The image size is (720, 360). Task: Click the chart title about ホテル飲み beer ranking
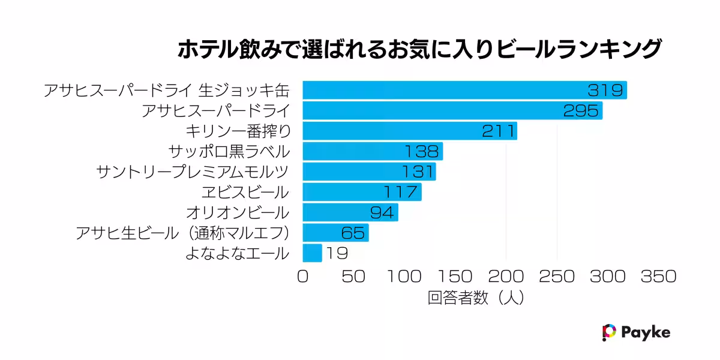419,50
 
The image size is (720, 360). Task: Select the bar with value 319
464,91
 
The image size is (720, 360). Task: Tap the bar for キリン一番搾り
409,131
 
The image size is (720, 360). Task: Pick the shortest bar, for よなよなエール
312,253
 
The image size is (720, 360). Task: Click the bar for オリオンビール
350,212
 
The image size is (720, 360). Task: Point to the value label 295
581,111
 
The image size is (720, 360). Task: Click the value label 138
422,152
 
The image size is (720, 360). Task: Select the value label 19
337,253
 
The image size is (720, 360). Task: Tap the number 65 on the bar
354,233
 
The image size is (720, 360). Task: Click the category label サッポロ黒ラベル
229,152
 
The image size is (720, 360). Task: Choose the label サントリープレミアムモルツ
192,172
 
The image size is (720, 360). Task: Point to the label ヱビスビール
245,193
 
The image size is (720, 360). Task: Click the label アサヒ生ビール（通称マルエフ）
182,233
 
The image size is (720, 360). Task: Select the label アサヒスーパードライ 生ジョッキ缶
166,91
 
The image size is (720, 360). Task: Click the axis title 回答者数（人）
477,298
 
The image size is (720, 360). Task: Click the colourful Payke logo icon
609,332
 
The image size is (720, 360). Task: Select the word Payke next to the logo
646,332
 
